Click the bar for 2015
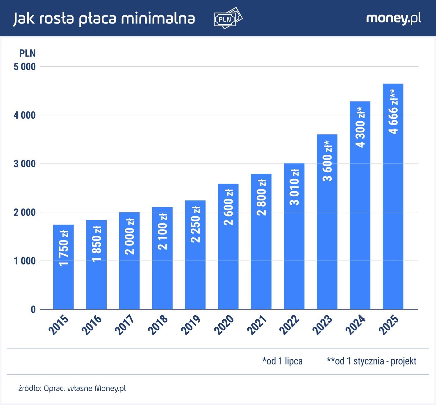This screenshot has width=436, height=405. point(63,279)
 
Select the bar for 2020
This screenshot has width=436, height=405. point(228,262)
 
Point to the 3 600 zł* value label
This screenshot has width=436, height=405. point(328,161)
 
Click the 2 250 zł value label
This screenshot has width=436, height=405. point(195,224)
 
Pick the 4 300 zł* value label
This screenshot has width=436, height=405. point(360,127)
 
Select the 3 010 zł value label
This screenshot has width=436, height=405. point(294,187)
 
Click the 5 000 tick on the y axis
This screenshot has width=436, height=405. point(25,67)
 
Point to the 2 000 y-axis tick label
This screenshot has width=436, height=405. point(25,212)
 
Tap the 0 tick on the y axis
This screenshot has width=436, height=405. point(33,310)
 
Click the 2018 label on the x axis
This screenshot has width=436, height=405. point(158,325)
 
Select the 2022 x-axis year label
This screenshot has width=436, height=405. point(290,325)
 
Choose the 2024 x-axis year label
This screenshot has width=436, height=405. point(355,325)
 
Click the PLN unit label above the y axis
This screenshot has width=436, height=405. point(27,53)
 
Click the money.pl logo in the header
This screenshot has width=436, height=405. point(394,18)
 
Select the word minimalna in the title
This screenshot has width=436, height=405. point(158,18)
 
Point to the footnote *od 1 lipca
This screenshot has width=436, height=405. point(282,361)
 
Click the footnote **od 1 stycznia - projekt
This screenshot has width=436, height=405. point(371,361)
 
